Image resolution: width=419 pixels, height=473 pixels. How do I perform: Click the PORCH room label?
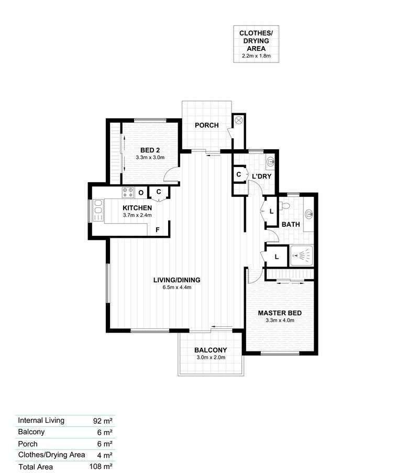click(207, 125)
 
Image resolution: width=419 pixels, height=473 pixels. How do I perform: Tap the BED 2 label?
click(150, 150)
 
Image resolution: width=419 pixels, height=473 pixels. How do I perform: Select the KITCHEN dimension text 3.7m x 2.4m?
click(137, 215)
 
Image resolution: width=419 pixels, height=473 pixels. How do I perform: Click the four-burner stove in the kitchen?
click(128, 192)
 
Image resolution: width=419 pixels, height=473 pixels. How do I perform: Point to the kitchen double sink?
click(98, 210)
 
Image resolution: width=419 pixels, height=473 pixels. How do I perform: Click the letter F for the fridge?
click(158, 230)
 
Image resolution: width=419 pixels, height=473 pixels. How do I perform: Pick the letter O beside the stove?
click(141, 193)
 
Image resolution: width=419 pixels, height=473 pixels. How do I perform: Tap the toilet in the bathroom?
click(284, 206)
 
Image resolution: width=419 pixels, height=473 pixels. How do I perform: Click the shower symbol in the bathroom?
click(302, 256)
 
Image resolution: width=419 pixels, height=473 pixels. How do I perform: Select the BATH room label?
click(291, 224)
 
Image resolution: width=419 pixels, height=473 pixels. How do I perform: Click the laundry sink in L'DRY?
click(271, 162)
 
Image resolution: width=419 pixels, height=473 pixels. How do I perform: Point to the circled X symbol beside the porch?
click(239, 120)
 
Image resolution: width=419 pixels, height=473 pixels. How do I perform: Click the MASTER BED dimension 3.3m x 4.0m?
click(280, 321)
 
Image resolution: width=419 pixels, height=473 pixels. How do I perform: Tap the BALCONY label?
click(211, 350)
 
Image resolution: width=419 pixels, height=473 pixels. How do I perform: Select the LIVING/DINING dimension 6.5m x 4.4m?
click(177, 288)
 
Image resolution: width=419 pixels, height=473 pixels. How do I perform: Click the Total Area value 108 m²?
click(101, 467)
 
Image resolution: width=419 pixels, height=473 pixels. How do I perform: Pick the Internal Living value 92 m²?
click(103, 421)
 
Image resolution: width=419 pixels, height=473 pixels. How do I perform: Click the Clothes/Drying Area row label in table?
click(51, 455)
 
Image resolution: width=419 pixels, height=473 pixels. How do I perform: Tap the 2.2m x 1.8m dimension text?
click(256, 56)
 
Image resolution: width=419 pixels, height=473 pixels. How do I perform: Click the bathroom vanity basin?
click(308, 214)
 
